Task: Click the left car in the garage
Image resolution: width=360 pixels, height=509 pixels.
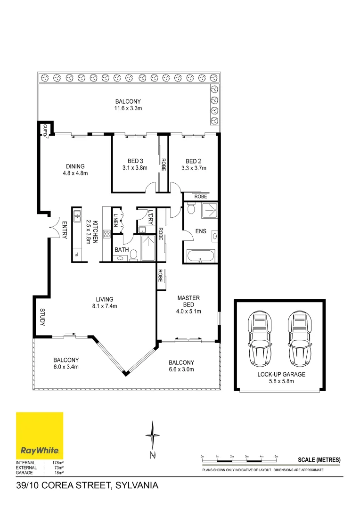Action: (x=260, y=336)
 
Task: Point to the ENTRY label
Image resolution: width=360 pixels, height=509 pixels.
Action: (x=65, y=230)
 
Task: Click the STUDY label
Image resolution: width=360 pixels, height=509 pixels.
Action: (x=42, y=318)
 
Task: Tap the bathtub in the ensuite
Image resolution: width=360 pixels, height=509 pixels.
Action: (x=200, y=257)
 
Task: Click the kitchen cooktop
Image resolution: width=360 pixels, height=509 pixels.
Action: (x=107, y=233)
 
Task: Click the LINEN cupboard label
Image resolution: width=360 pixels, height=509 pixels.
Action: (x=116, y=221)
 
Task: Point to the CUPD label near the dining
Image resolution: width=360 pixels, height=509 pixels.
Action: (x=45, y=129)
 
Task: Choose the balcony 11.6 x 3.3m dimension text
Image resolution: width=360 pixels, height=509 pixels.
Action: (x=128, y=108)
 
